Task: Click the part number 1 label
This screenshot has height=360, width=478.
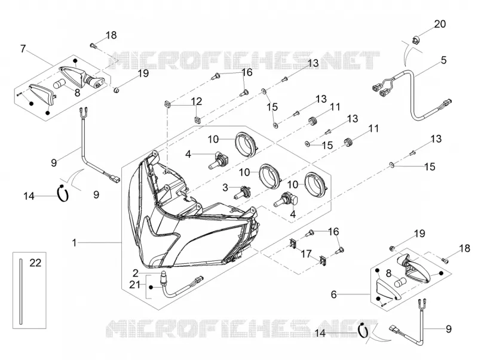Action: (74, 243)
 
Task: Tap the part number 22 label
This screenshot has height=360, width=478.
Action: (35, 263)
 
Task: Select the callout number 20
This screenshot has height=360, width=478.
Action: (440, 24)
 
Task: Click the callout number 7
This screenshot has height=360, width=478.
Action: (23, 49)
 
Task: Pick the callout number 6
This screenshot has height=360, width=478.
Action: (334, 294)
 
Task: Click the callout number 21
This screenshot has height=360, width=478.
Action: (134, 285)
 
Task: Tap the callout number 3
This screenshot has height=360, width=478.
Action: (225, 187)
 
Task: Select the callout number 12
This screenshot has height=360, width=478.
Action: (197, 101)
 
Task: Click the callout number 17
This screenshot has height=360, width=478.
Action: (307, 254)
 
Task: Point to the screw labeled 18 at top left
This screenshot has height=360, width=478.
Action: (93, 46)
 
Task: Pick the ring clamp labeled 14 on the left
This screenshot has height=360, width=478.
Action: (63, 193)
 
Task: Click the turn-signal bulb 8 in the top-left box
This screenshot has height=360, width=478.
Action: (59, 84)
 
